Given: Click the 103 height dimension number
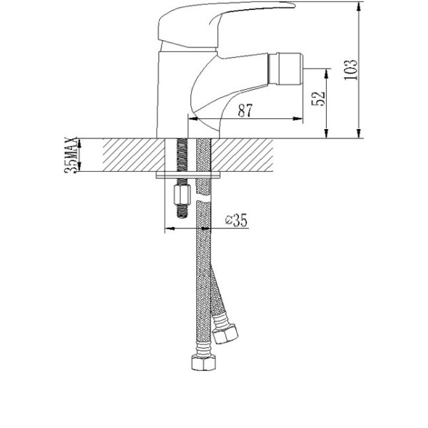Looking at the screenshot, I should coord(350,69).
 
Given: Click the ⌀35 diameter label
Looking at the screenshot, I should coord(235,221).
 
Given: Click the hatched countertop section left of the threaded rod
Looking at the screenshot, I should coord(132,154).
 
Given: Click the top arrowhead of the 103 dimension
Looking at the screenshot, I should coord(357,5).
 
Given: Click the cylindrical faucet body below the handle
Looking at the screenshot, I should coord(171,93).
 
